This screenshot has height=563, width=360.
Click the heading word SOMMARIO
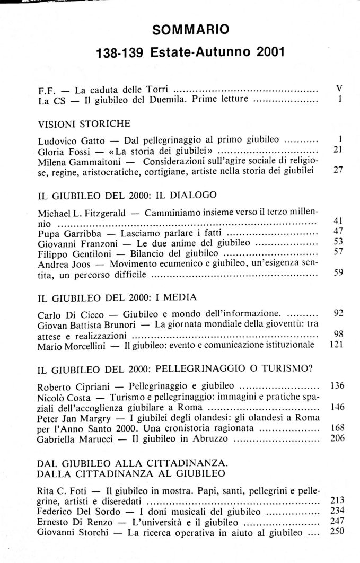(x=190, y=30)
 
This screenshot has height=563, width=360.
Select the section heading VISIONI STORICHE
(x=84, y=124)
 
